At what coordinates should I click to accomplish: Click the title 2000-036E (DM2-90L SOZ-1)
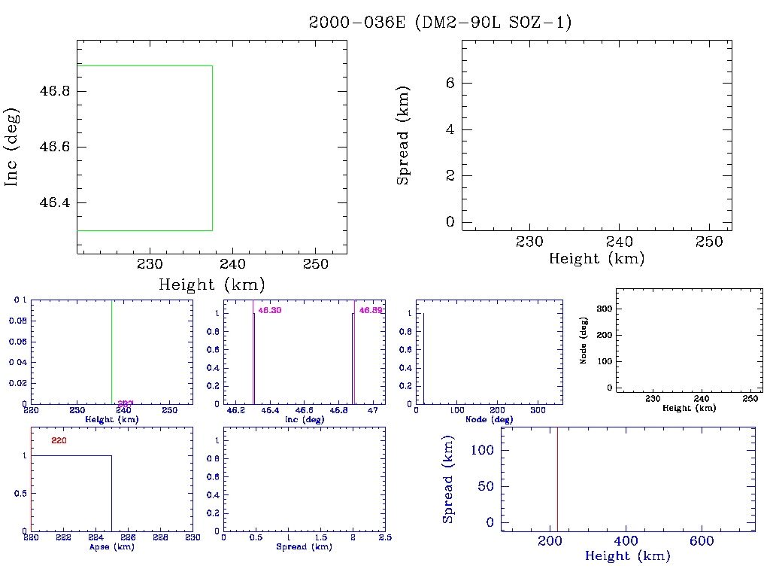(441, 23)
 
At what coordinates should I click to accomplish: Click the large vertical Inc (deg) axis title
(13, 147)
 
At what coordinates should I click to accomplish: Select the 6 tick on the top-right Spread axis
(450, 84)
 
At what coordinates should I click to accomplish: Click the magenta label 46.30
(270, 310)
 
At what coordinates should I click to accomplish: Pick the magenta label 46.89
(371, 310)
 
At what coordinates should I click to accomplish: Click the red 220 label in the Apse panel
(59, 440)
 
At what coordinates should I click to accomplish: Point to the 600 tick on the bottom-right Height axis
(702, 541)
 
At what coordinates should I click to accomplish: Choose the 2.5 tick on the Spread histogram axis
(385, 539)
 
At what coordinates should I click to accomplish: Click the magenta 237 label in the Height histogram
(126, 404)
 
